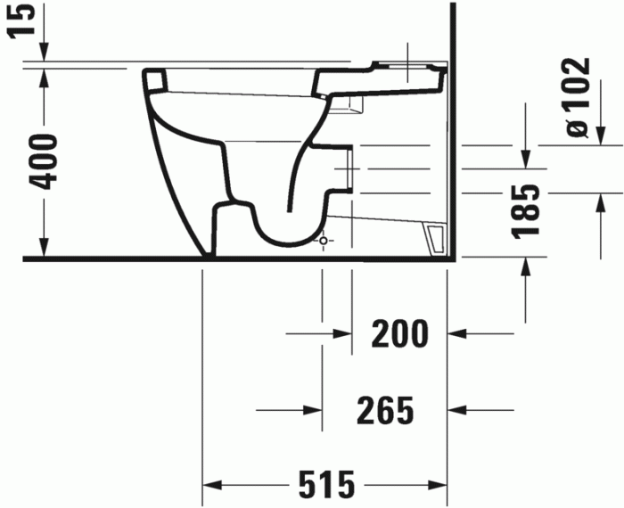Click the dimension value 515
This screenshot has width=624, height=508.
[325, 485]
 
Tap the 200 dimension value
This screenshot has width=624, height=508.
[399, 334]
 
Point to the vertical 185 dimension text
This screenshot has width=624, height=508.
[529, 211]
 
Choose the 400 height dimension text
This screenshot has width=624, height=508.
[41, 161]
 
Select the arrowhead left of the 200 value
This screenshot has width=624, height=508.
[343, 334]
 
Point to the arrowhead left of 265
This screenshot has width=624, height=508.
[313, 410]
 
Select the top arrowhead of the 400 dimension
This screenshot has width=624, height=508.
[42, 76]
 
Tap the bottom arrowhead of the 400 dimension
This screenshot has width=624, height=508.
[42, 249]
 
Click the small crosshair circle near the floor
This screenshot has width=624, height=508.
[323, 241]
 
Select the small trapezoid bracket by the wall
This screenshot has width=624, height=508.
[436, 239]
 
